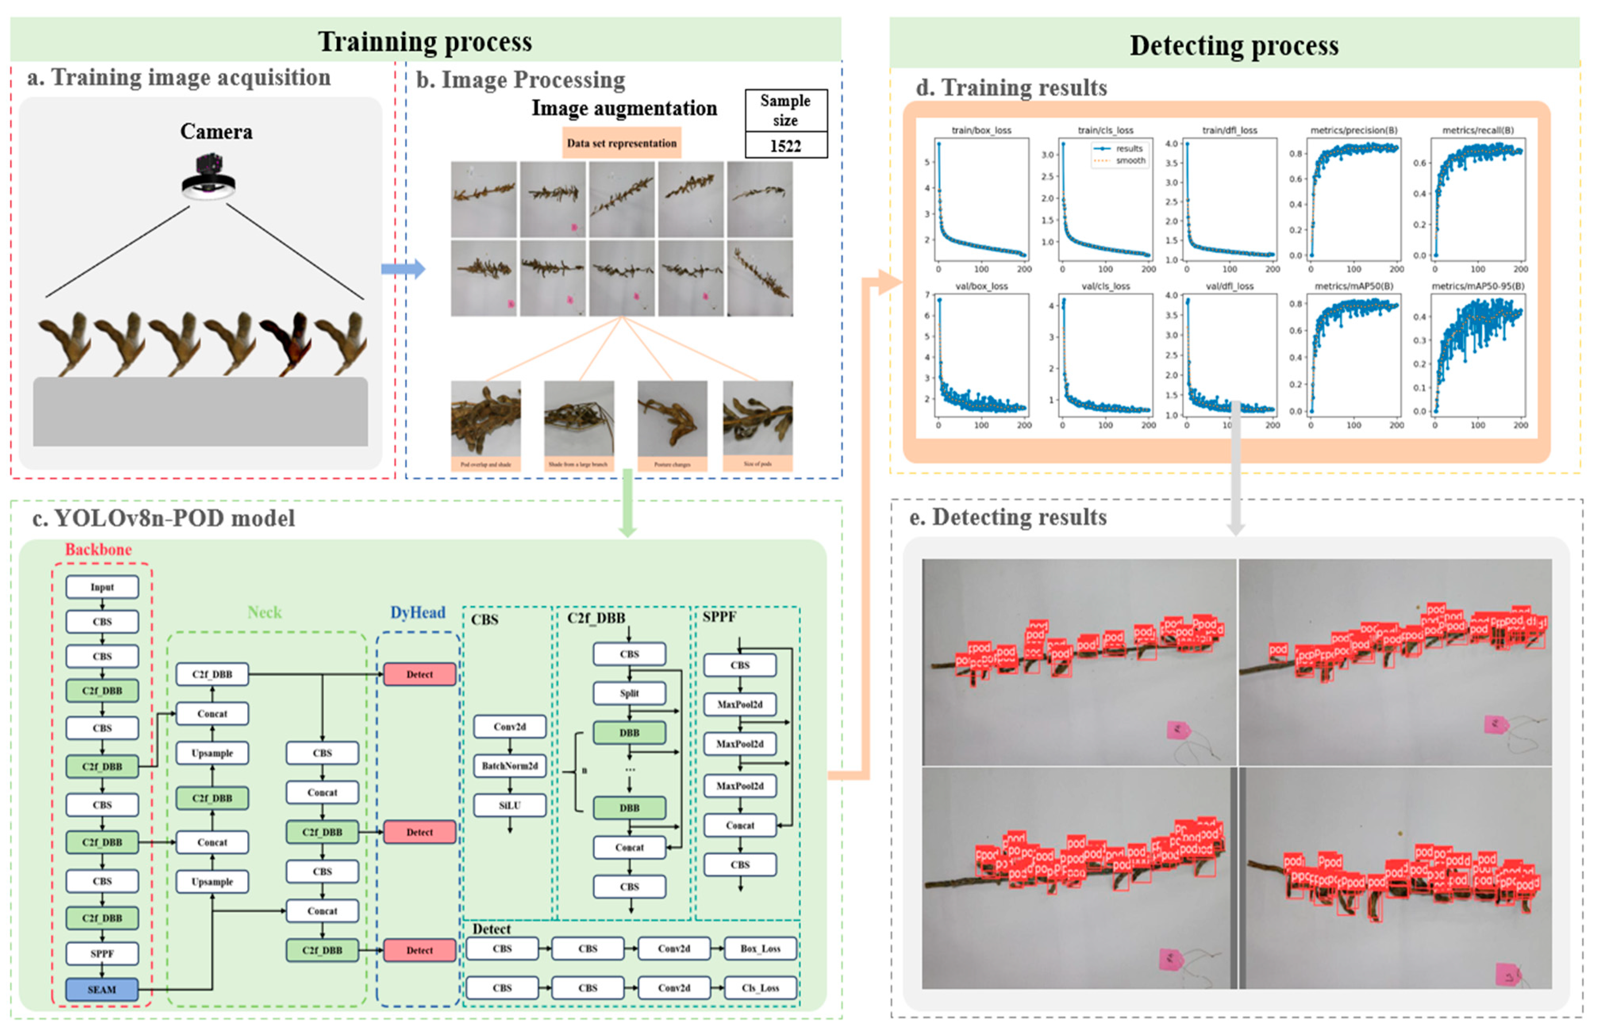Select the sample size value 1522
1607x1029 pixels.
pos(785,146)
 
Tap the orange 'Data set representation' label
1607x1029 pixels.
pos(621,143)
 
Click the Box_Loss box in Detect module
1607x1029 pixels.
pos(760,948)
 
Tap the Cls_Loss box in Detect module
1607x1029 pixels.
pos(760,988)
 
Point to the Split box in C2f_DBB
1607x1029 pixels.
pos(629,693)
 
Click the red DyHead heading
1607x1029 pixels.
pos(417,612)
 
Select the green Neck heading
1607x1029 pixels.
pos(265,612)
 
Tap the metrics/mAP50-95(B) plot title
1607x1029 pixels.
pos(1477,286)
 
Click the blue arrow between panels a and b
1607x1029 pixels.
pos(403,269)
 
